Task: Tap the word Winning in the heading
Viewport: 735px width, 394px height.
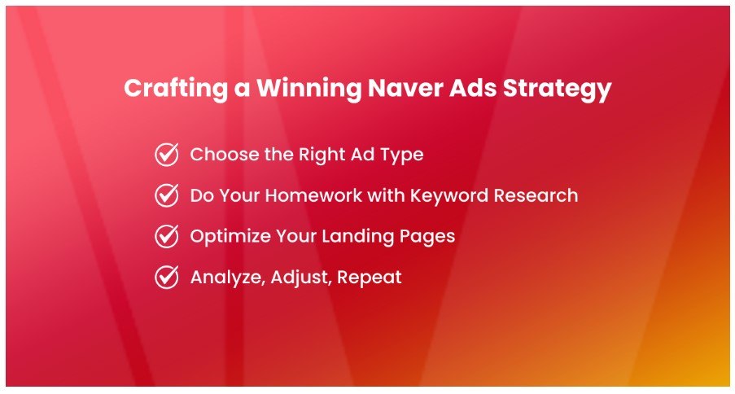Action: coord(308,88)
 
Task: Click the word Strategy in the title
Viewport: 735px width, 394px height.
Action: coord(558,89)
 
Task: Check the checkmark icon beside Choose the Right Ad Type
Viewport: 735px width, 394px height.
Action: coord(166,155)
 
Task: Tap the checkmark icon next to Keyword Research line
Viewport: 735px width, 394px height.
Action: coord(166,195)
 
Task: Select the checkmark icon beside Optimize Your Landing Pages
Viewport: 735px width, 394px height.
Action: coord(166,236)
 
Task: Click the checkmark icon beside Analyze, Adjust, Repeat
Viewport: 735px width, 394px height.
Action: coord(166,277)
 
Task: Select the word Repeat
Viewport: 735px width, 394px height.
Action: coord(370,278)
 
